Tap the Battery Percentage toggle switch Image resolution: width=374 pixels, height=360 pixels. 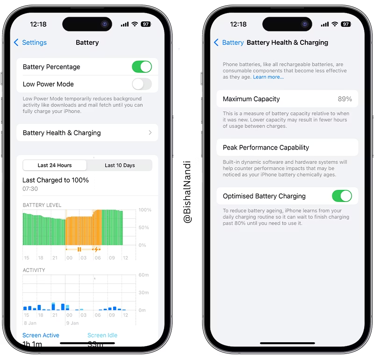(x=142, y=67)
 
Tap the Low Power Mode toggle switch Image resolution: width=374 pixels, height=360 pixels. (x=142, y=84)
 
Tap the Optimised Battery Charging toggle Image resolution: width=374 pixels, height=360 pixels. (x=342, y=196)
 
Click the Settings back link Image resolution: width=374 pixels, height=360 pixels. (x=30, y=43)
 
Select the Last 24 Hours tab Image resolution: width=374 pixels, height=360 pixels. (x=55, y=165)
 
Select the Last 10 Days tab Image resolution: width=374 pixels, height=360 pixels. (x=120, y=165)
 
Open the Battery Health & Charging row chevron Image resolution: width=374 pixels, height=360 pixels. (x=150, y=133)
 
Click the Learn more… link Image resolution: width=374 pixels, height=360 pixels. (x=268, y=77)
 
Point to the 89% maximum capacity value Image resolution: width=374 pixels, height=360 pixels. (x=345, y=99)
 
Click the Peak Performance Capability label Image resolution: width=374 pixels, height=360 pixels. (x=266, y=147)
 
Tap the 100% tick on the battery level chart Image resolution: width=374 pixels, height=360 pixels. (x=145, y=210)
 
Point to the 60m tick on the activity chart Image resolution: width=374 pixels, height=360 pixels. (x=144, y=275)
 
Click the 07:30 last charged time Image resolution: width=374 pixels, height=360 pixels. (x=30, y=189)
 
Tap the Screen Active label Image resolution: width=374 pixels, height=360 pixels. (x=41, y=335)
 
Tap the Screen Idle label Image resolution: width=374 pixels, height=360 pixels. (x=102, y=335)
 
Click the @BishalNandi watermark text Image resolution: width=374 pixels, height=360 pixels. (x=187, y=192)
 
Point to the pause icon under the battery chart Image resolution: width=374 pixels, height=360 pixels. (x=79, y=249)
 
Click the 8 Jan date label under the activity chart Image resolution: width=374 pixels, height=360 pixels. (x=30, y=322)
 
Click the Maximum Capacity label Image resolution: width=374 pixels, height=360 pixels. (x=251, y=99)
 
